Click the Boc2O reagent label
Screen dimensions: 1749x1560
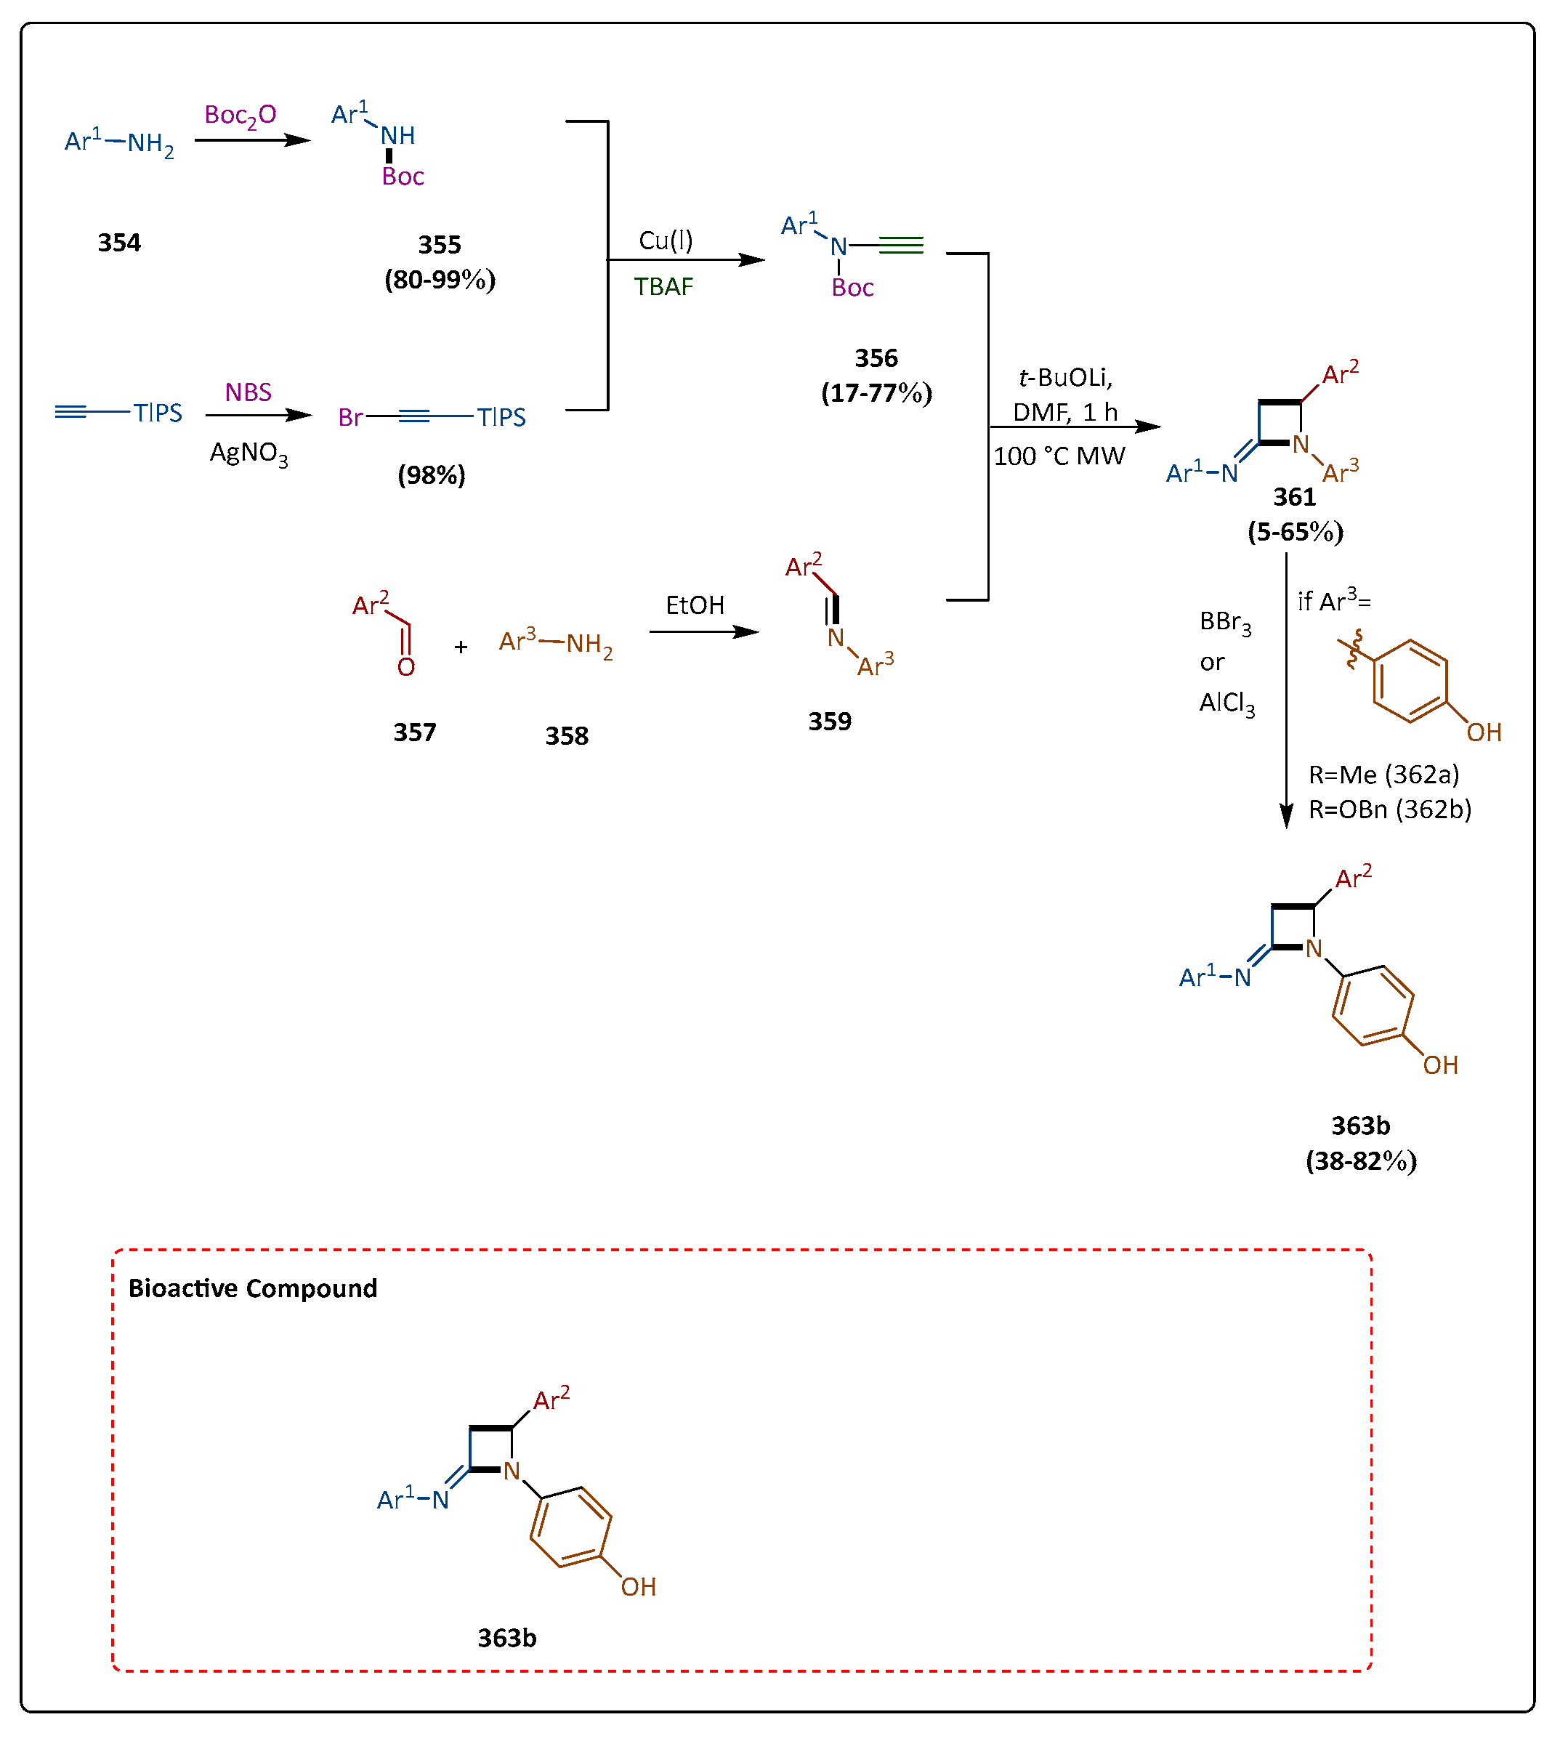coord(240,115)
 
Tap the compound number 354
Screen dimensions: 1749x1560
coord(119,243)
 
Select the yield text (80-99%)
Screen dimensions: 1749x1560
coord(440,280)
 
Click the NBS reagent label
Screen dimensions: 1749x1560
coord(248,392)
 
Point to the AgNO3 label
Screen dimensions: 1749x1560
coord(248,453)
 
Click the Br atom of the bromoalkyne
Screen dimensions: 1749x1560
coord(349,418)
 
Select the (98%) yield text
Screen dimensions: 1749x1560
coord(431,475)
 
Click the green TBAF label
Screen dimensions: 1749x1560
coord(663,286)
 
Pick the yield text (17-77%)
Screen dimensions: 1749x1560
coord(876,392)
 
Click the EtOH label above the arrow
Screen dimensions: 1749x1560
coord(695,605)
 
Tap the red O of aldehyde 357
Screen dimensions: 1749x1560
coord(405,667)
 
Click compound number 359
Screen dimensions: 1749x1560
coord(829,721)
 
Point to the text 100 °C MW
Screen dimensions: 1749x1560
coord(1059,456)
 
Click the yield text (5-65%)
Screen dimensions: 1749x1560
coord(1294,532)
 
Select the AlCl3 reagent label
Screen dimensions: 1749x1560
coord(1226,703)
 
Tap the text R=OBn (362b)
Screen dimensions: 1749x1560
coord(1389,809)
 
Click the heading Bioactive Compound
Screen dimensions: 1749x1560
coord(252,1288)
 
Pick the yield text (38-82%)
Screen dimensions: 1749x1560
coord(1360,1161)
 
